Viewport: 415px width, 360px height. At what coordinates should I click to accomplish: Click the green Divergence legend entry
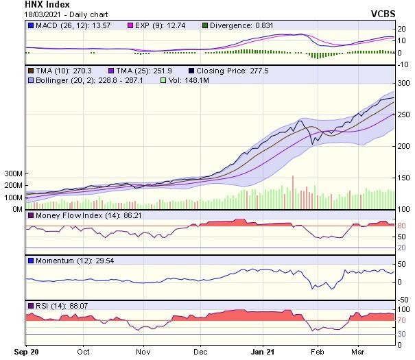click(x=241, y=26)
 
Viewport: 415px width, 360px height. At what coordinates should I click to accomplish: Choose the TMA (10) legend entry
click(x=58, y=71)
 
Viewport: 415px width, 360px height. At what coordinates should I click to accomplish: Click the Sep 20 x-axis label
click(x=26, y=352)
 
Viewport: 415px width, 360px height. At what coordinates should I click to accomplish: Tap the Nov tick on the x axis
click(x=143, y=352)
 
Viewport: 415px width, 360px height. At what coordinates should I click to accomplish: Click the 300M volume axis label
click(x=13, y=174)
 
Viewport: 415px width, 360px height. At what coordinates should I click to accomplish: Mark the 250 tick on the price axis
click(x=404, y=114)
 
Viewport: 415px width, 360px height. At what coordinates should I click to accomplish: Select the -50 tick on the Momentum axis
click(x=403, y=299)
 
